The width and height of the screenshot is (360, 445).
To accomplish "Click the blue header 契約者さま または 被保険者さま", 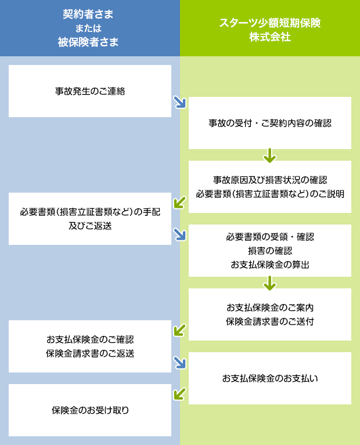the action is [90, 28].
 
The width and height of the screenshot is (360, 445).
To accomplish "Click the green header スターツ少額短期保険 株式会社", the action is [270, 28].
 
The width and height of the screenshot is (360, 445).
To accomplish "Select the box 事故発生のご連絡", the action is [90, 91].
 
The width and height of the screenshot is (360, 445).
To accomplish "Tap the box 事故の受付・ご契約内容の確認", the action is [270, 123].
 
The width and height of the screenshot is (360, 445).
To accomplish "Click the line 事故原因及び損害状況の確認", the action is [270, 180].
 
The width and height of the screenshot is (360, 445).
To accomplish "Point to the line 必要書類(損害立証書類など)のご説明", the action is [270, 194].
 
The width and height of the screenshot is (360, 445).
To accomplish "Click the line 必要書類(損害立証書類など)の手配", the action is [90, 212].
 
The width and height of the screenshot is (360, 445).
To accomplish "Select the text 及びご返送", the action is [90, 226].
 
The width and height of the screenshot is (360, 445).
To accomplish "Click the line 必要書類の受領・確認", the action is [270, 237].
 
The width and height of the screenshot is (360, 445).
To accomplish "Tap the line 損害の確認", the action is [270, 251].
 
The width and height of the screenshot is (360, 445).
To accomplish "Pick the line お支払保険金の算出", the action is [270, 265].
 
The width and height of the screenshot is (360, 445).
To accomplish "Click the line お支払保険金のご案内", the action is [270, 307].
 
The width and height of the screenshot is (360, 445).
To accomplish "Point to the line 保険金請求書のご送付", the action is [270, 321].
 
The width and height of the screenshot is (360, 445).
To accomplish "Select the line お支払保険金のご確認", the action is [90, 339].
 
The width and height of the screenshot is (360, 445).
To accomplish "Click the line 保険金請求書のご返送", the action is [90, 353].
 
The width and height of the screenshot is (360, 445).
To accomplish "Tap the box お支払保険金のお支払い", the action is [270, 378].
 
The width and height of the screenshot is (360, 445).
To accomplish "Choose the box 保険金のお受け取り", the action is [90, 410].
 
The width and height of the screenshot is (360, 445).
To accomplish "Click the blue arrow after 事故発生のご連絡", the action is [180, 102].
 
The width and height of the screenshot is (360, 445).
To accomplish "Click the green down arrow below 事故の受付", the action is [269, 155].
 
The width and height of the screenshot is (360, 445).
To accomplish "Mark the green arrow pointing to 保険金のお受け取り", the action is [180, 394].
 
